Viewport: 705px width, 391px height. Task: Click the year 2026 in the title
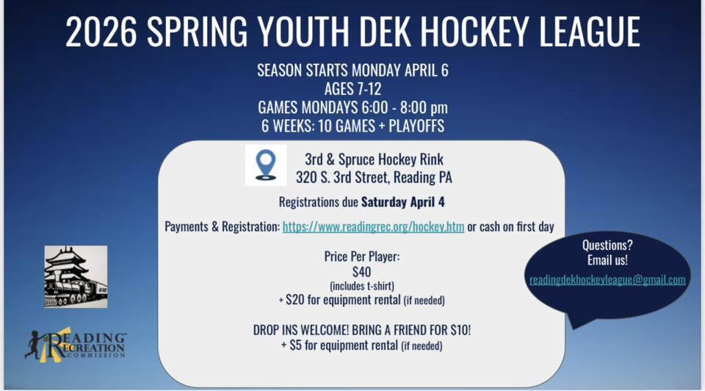point(101,32)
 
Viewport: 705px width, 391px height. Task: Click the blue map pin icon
point(266,165)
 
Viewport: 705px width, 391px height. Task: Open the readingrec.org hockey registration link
point(373,227)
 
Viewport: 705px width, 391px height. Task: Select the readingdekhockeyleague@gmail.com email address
point(607,280)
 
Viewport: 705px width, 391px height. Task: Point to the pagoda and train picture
point(76,276)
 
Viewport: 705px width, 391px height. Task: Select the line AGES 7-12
point(352,90)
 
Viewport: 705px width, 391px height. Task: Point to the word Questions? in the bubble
point(607,245)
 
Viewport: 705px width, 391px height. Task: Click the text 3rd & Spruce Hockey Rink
point(374,159)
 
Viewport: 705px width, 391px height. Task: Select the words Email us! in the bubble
point(607,259)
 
